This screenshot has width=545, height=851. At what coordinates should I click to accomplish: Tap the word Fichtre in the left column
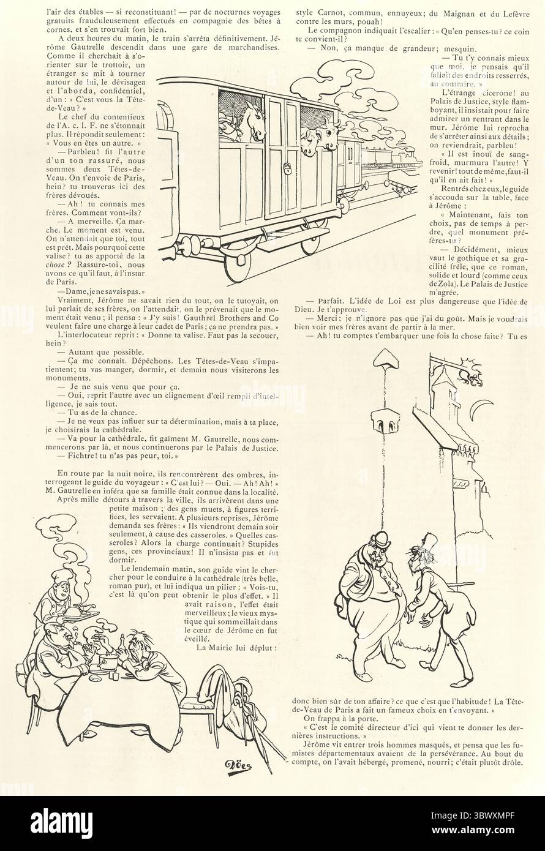(x=80, y=456)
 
